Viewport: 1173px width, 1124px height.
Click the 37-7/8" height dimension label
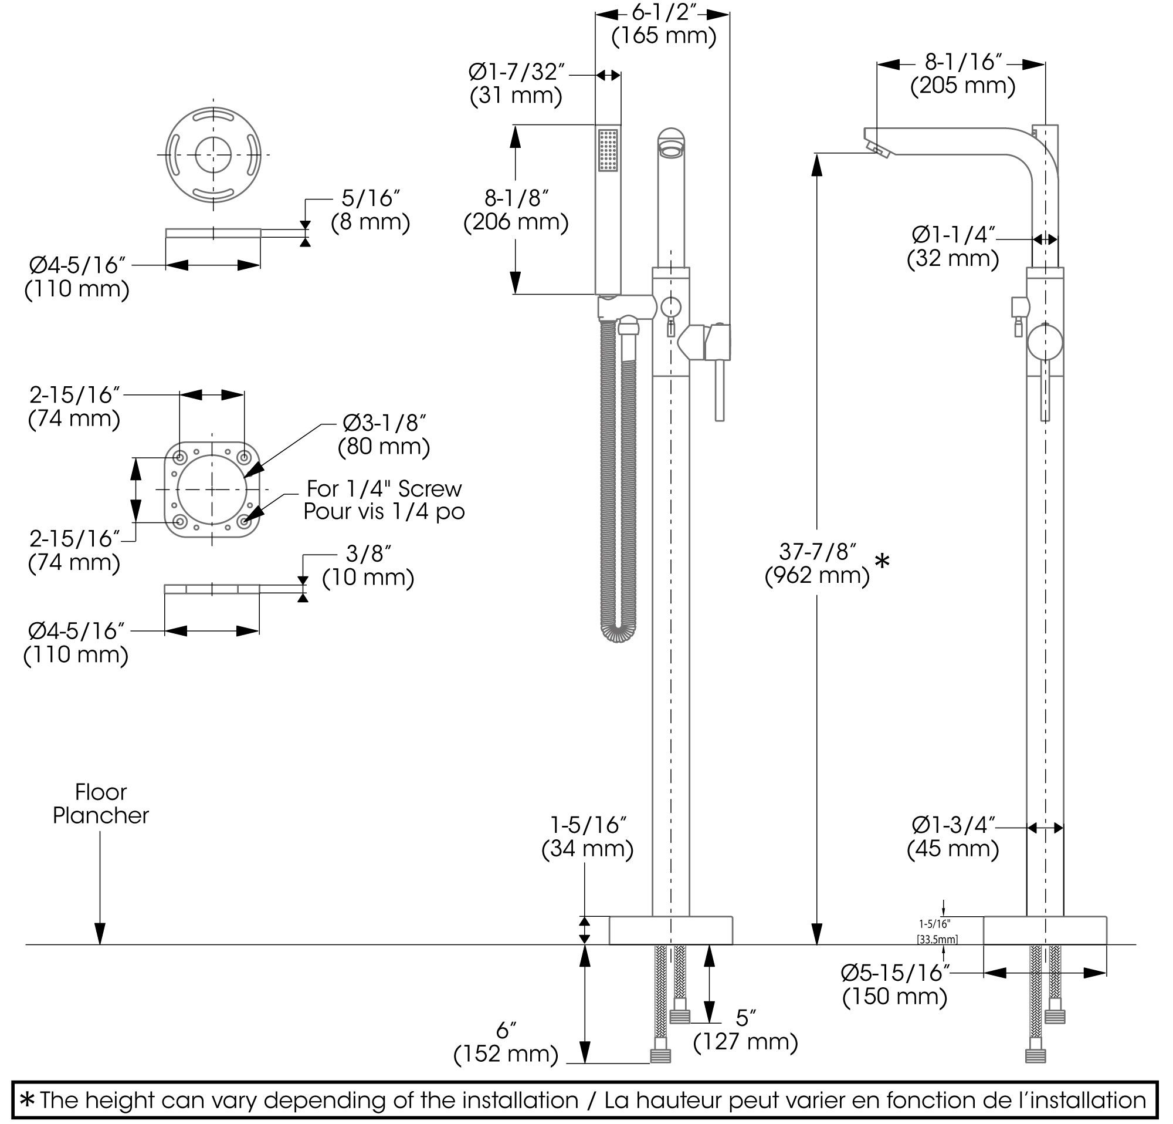(x=818, y=551)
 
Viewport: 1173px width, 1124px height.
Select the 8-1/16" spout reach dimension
(x=963, y=62)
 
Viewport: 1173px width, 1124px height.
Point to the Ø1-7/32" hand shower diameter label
(x=517, y=72)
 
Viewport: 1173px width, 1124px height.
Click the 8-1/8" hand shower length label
(x=516, y=198)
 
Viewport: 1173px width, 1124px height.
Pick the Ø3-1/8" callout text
(x=384, y=423)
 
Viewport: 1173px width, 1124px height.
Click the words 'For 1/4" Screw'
(x=384, y=489)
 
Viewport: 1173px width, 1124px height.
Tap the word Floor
(x=100, y=792)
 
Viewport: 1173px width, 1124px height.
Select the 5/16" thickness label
(x=371, y=198)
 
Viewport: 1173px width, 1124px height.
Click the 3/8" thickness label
(x=368, y=554)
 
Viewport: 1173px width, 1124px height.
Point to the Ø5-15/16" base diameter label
(x=896, y=973)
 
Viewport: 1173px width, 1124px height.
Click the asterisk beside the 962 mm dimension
(x=882, y=561)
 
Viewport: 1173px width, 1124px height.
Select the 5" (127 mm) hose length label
(x=745, y=1018)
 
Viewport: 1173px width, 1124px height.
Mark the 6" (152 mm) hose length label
(x=506, y=1030)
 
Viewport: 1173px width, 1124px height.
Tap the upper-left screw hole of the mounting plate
(x=179, y=457)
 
